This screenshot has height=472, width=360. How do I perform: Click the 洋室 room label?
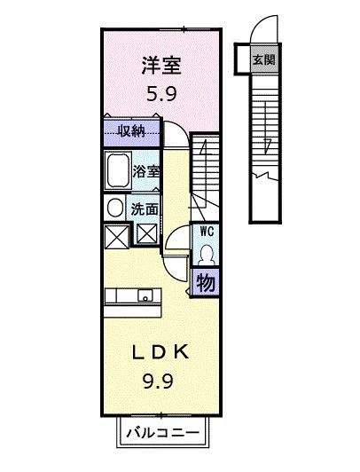(x=161, y=66)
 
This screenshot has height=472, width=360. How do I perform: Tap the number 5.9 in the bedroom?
(x=161, y=94)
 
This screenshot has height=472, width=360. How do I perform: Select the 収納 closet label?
(x=131, y=131)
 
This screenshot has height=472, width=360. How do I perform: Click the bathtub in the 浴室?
(x=118, y=170)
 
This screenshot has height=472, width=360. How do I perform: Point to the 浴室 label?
(x=146, y=171)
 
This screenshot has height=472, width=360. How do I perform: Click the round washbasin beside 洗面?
(x=115, y=208)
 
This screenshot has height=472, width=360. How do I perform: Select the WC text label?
(x=207, y=232)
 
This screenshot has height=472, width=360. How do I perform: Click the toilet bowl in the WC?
(x=207, y=255)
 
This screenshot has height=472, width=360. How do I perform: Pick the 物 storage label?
(x=206, y=283)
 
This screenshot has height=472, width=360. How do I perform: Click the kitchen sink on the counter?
(x=146, y=295)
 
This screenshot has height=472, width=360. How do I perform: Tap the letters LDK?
(x=160, y=351)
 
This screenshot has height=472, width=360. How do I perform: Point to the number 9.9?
(x=158, y=382)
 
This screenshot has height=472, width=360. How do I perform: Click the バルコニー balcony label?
(x=162, y=434)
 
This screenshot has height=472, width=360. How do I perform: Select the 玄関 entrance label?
(x=263, y=59)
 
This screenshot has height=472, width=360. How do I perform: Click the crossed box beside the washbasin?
(x=116, y=237)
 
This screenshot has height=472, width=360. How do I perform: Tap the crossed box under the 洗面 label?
(x=147, y=234)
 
